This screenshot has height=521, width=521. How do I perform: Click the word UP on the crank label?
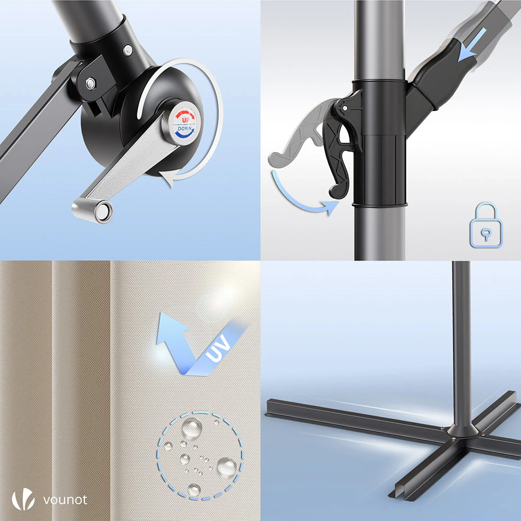185,120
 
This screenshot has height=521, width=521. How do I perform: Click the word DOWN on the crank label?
184,128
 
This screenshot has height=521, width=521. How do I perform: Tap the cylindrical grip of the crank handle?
92,209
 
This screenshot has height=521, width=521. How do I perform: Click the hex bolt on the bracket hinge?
90,83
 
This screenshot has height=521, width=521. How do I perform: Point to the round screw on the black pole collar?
128,50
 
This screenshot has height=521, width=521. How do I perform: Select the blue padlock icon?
486,225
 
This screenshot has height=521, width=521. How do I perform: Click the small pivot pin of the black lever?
344,108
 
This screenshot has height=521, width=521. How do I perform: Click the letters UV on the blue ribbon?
218,348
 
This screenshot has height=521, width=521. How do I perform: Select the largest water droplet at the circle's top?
192,428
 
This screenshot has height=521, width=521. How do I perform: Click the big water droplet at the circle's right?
227,466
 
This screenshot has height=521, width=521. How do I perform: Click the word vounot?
66,500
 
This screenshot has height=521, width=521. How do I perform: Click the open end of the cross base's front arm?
397,493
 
